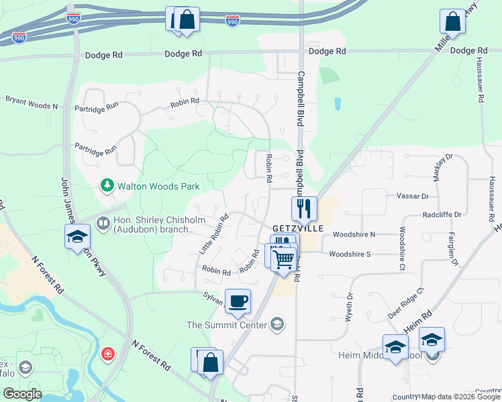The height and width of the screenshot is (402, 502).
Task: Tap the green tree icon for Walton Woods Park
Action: point(106,185)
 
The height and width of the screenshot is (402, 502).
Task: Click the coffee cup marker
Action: point(238,300)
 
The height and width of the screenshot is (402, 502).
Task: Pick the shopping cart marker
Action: point(284,259)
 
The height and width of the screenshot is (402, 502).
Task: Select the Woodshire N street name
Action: point(354,234)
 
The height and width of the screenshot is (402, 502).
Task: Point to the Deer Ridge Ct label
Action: point(406,304)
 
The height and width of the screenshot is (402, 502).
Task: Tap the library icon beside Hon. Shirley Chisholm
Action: point(103,223)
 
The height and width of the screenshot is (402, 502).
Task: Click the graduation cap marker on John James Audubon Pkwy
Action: point(77,236)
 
